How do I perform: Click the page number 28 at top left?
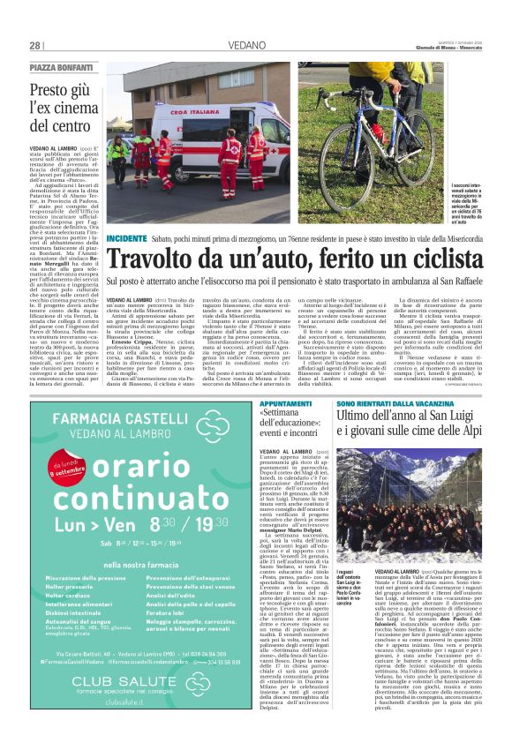[35, 45]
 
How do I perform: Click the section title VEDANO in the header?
[256, 45]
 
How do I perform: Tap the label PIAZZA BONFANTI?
[61, 68]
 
